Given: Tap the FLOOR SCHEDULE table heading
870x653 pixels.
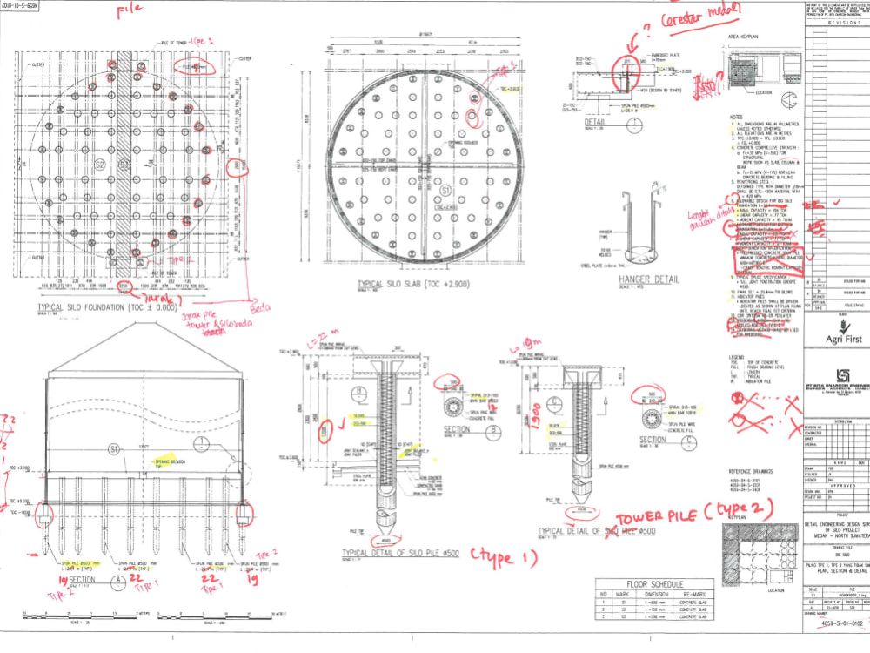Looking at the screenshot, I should (x=650, y=584).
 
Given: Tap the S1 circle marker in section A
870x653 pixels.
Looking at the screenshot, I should (x=112, y=448).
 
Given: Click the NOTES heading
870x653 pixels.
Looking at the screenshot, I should (x=736, y=117).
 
